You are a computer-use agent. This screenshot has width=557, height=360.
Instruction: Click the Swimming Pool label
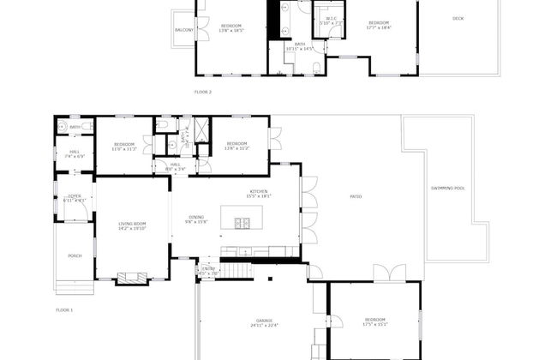447,189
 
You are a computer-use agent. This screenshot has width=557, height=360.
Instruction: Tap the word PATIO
356,197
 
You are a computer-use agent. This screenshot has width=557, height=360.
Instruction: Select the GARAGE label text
264,322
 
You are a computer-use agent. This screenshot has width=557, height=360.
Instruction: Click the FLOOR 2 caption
203,92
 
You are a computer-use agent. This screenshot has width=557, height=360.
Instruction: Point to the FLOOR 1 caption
65,309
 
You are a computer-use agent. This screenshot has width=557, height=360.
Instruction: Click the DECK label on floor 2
458,19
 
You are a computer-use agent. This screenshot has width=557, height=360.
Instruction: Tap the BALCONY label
183,30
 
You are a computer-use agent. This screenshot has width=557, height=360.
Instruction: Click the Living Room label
133,225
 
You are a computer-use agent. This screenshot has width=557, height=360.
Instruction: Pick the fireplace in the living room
131,277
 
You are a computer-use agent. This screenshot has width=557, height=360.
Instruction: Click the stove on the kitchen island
243,225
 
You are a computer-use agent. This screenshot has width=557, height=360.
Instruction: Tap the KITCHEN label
259,193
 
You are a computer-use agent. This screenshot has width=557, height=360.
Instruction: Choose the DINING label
196,219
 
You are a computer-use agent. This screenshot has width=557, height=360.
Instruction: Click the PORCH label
75,255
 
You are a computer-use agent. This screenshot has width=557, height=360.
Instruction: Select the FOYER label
75,198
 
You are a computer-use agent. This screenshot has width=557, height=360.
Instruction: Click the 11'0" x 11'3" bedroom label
125,146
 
